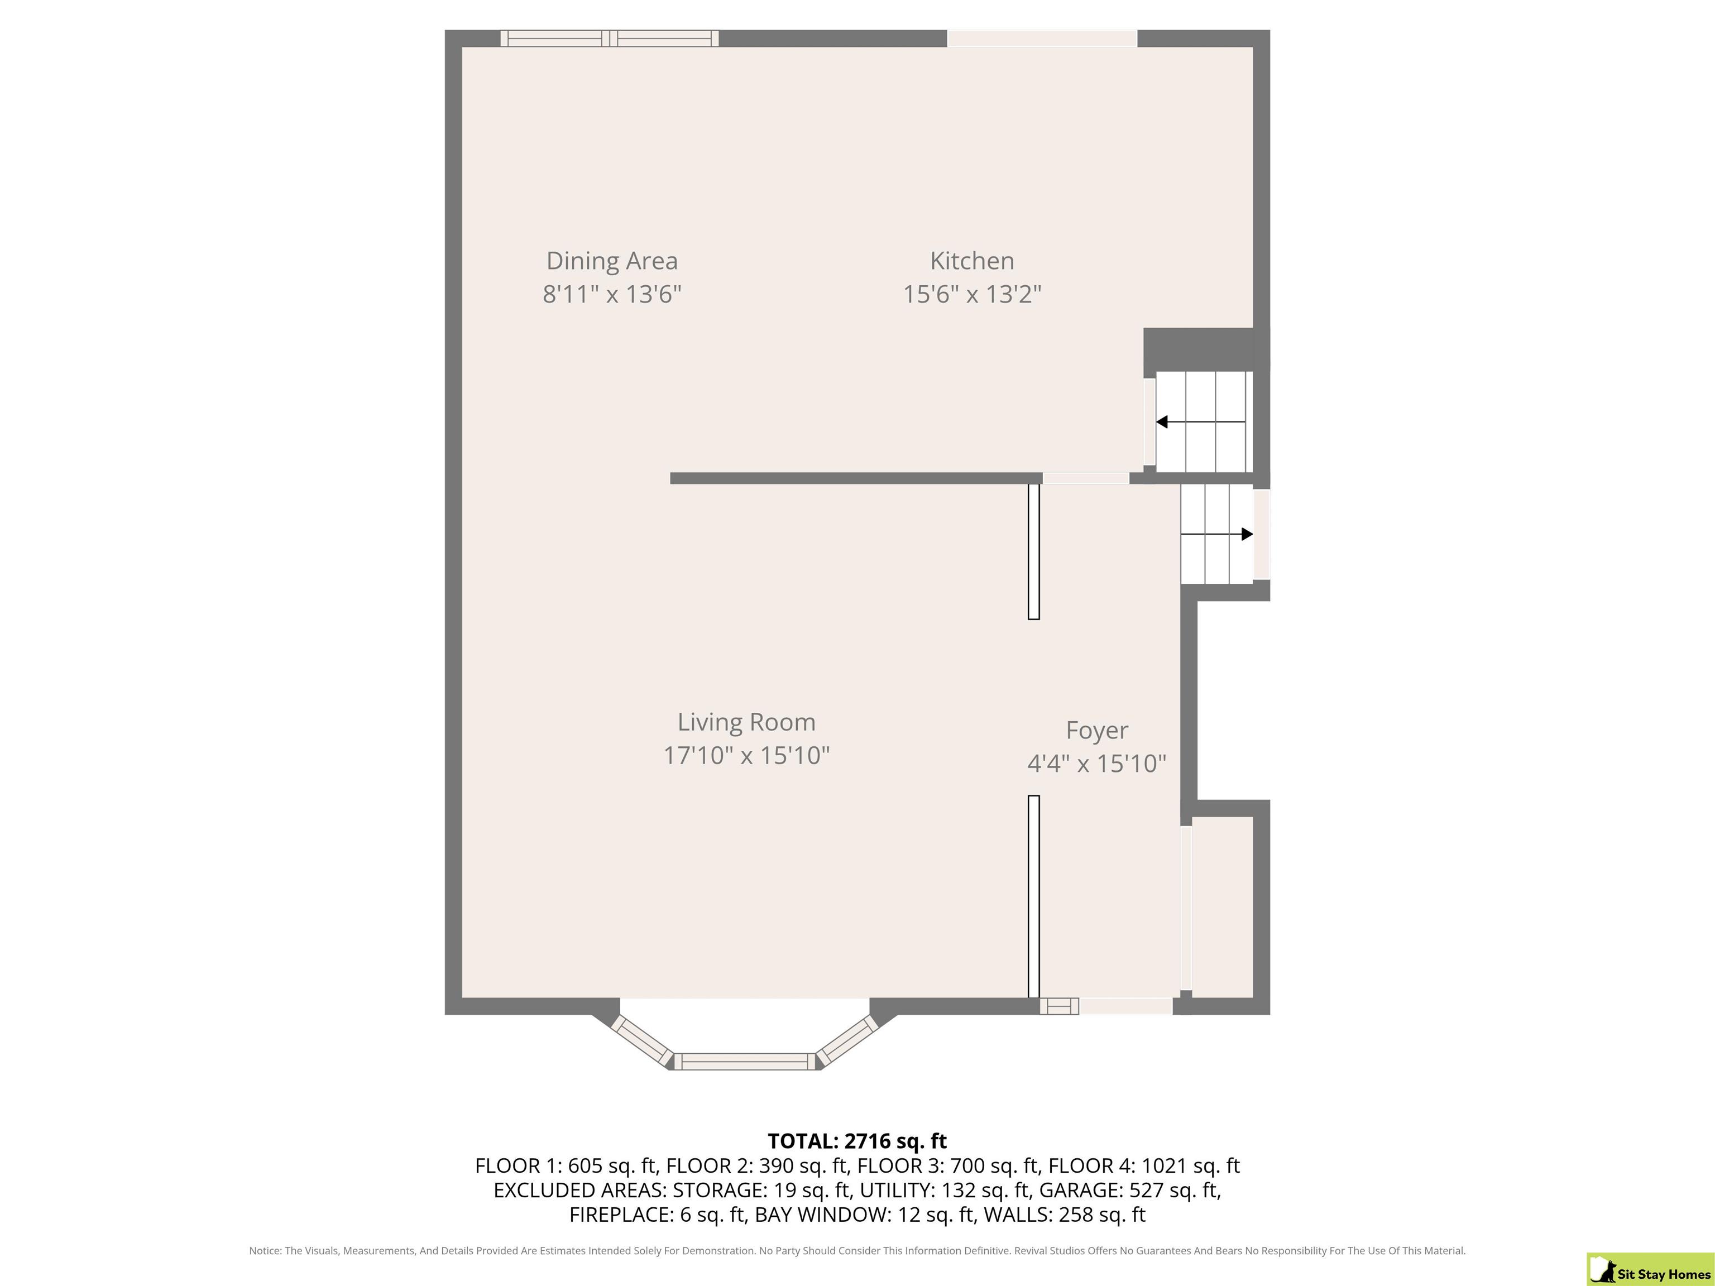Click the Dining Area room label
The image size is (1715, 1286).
(x=612, y=261)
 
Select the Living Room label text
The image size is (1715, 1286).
(x=746, y=722)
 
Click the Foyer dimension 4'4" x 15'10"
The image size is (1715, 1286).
(x=1097, y=764)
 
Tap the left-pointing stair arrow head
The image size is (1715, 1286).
(x=1161, y=423)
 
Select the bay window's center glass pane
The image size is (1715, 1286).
(x=745, y=1062)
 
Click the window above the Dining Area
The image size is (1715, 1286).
(x=610, y=39)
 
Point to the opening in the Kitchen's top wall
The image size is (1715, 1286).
(x=1042, y=39)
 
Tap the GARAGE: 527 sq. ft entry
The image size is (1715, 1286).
(x=1129, y=1190)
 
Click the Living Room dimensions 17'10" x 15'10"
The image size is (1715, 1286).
(x=746, y=756)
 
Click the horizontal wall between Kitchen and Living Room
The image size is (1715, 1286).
(x=856, y=478)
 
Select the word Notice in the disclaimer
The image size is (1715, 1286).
(x=265, y=1250)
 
